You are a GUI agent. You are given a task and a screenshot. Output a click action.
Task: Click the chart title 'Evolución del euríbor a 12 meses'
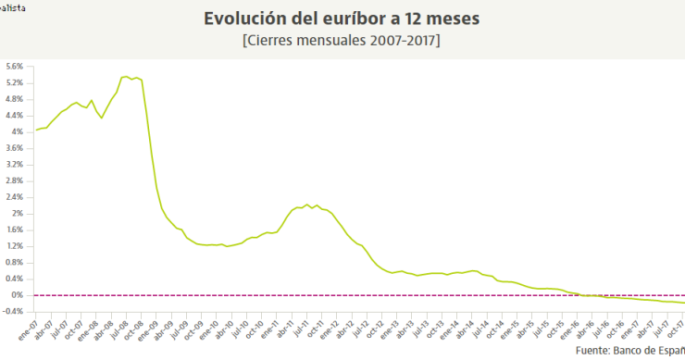(x=342, y=19)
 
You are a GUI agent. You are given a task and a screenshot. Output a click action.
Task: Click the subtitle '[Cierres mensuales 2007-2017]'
(x=342, y=41)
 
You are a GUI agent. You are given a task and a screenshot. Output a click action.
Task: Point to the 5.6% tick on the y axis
(x=15, y=67)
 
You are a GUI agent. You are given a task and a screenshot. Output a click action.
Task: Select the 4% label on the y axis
(x=19, y=131)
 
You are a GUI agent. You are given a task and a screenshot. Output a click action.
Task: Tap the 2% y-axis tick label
(x=19, y=213)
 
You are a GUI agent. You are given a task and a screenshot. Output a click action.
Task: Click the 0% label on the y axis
(x=19, y=294)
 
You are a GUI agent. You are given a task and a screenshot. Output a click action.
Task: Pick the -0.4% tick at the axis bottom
(x=14, y=311)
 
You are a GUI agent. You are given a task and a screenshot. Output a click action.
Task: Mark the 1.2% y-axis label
(x=15, y=246)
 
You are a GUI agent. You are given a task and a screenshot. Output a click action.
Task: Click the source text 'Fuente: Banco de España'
(x=629, y=352)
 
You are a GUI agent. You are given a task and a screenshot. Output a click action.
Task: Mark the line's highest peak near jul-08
(x=126, y=77)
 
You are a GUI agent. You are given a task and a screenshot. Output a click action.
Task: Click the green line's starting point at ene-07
(x=35, y=130)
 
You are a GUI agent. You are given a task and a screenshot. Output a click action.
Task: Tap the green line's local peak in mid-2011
(x=307, y=205)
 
